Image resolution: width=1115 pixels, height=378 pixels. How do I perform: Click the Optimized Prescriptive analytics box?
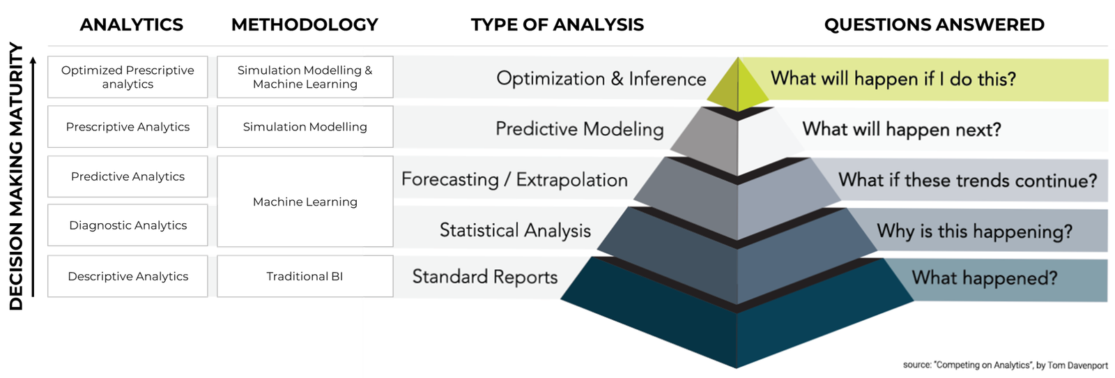pos(128,77)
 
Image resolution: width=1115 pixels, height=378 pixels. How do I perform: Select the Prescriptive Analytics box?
pos(128,127)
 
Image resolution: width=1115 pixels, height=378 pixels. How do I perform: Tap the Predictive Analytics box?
pos(128,176)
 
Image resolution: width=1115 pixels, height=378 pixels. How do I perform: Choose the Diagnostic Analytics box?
pos(128,225)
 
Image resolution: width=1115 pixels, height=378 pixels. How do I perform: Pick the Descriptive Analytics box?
pos(128,276)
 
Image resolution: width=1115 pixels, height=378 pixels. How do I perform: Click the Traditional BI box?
pos(305,276)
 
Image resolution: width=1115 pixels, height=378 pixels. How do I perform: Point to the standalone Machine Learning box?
pos(305,202)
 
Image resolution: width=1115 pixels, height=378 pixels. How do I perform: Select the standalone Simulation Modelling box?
pos(305,127)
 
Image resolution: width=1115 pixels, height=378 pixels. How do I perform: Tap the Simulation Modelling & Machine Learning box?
pos(305,77)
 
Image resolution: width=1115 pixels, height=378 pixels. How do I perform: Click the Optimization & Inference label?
pos(601,79)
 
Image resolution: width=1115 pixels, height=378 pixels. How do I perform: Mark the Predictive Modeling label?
pos(579,129)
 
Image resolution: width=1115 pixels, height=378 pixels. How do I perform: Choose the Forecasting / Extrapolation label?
pos(514,180)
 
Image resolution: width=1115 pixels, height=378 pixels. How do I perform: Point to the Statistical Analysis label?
pos(515,230)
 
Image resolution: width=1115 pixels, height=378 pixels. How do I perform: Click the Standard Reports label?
pos(485,277)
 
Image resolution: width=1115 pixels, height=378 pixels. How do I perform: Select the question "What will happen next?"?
pos(902,130)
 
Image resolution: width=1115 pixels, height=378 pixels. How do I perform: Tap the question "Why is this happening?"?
pos(974,231)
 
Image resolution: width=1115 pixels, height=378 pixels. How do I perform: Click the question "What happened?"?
pos(984,278)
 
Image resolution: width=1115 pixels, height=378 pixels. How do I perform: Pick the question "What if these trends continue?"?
pos(967,181)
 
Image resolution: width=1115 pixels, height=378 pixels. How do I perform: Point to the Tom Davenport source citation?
pos(1005,365)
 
